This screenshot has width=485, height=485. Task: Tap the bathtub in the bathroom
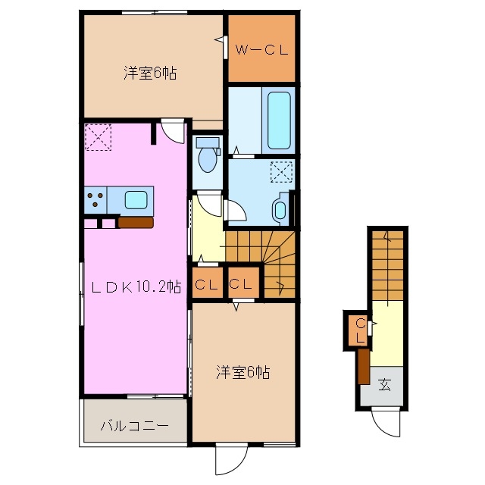279,120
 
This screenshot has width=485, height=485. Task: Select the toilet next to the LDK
206,158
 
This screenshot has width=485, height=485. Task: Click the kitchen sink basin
138,200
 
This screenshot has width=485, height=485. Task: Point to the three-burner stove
96,200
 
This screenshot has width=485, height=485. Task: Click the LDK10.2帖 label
136,286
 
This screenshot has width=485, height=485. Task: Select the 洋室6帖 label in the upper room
151,74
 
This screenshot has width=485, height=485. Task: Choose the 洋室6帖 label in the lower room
242,372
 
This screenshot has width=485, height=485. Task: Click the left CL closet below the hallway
207,285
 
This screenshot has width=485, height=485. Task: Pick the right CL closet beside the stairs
242,285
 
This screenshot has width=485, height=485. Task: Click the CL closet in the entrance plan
361,330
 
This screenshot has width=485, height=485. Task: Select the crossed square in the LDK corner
99,137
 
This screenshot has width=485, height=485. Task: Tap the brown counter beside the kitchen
136,222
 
